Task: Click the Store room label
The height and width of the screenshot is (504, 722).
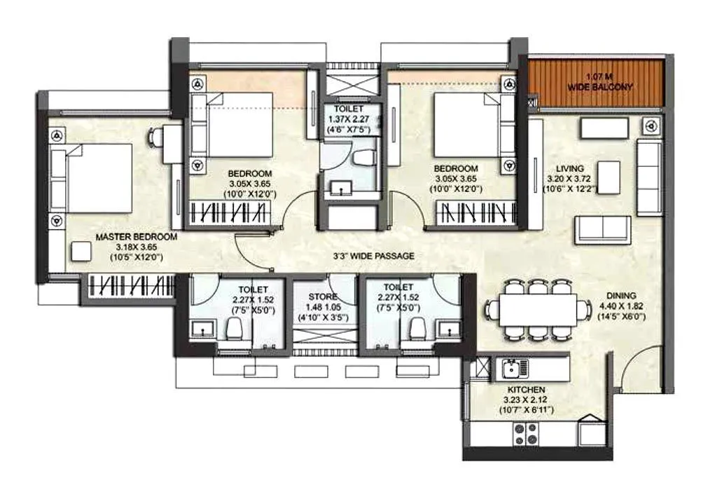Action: [x=322, y=297]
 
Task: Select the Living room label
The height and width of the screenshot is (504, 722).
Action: [x=570, y=169]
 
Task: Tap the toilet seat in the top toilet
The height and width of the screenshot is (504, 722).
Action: [x=362, y=158]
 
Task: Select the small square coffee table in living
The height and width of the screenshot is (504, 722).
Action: [x=609, y=176]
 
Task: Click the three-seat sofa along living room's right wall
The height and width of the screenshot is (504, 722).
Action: [x=648, y=176]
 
